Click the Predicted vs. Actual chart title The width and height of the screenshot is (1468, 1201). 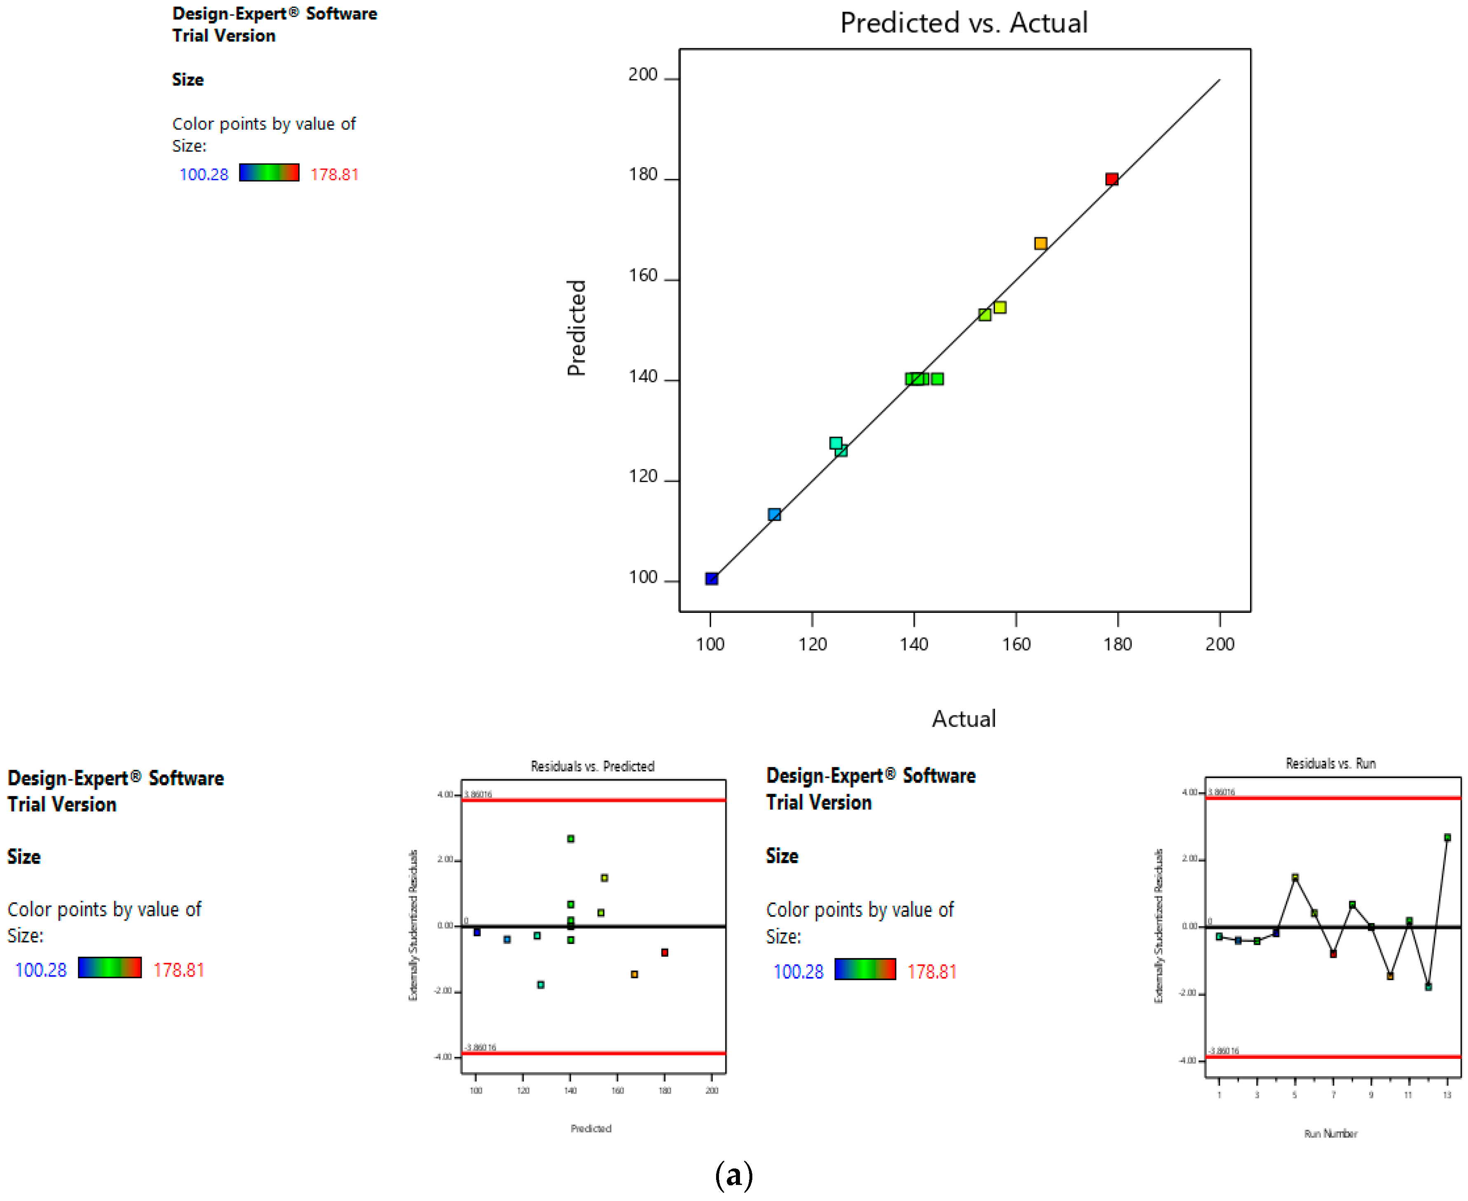963,23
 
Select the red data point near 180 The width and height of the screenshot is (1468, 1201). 1112,179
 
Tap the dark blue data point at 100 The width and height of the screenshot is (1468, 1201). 712,578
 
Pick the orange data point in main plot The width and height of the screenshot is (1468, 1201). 1040,243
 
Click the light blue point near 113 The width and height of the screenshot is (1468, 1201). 775,514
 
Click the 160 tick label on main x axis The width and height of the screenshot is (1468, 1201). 1016,644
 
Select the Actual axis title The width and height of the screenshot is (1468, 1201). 963,719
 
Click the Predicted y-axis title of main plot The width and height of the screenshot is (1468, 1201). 576,328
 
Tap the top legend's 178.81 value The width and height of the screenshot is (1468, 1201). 334,174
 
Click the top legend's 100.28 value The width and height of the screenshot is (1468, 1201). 204,174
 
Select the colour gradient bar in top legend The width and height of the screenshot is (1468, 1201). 269,172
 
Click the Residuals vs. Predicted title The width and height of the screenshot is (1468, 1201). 592,766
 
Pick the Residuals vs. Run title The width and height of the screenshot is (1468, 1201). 1330,763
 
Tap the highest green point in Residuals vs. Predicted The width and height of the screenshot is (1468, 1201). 570,839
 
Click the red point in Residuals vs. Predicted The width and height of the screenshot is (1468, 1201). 665,953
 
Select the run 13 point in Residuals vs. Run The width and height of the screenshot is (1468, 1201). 1447,837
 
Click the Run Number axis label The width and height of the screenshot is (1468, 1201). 1330,1133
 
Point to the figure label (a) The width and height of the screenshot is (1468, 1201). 734,1175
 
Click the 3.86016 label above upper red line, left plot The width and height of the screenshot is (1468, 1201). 478,794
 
